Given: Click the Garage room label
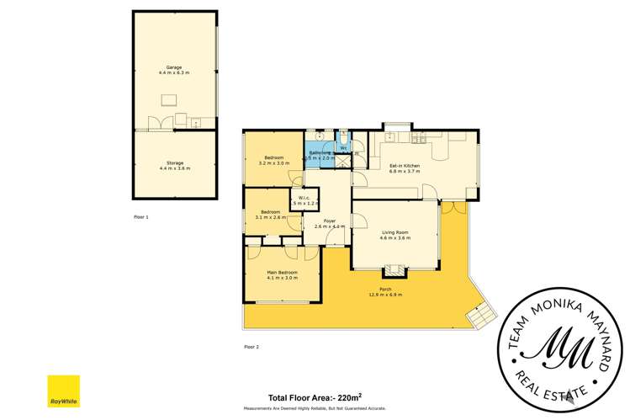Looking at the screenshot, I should tap(175, 66).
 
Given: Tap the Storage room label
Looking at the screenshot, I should tap(175, 162).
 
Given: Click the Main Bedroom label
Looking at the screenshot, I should tap(283, 272).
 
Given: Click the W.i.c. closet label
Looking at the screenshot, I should tap(302, 198).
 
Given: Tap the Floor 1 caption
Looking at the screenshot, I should tap(140, 217).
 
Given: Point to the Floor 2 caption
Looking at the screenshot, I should tap(251, 347).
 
